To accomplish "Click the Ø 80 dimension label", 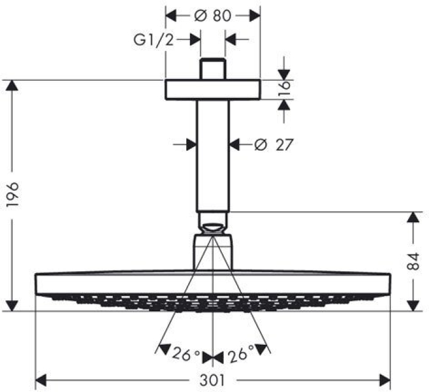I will [x=213, y=17].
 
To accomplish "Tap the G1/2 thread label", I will [x=154, y=40].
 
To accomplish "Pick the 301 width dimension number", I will [x=213, y=380].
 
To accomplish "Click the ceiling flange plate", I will [x=213, y=89].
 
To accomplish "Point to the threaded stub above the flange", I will [x=213, y=69].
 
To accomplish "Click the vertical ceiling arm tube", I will [x=213, y=156].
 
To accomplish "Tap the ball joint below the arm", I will [x=213, y=224].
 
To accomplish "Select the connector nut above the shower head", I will [x=213, y=251].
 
